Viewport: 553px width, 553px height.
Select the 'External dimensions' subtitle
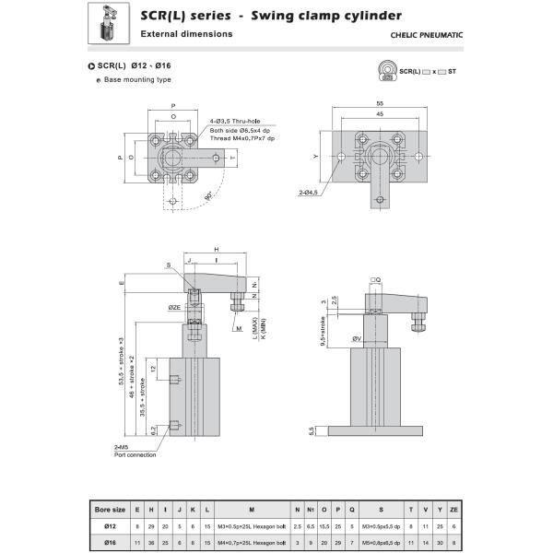pyautogui.click(x=186, y=34)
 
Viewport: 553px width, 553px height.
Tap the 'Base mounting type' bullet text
pyautogui.click(x=137, y=79)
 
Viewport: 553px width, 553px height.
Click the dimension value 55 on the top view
pyautogui.click(x=380, y=104)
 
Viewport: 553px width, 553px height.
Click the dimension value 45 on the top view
pyautogui.click(x=380, y=115)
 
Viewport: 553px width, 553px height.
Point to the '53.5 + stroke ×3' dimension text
pyautogui.click(x=121, y=364)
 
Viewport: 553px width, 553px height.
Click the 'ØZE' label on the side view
pyautogui.click(x=174, y=306)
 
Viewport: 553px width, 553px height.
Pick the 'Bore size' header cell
pyautogui.click(x=110, y=508)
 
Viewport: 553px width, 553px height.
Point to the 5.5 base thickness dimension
pyautogui.click(x=312, y=430)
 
